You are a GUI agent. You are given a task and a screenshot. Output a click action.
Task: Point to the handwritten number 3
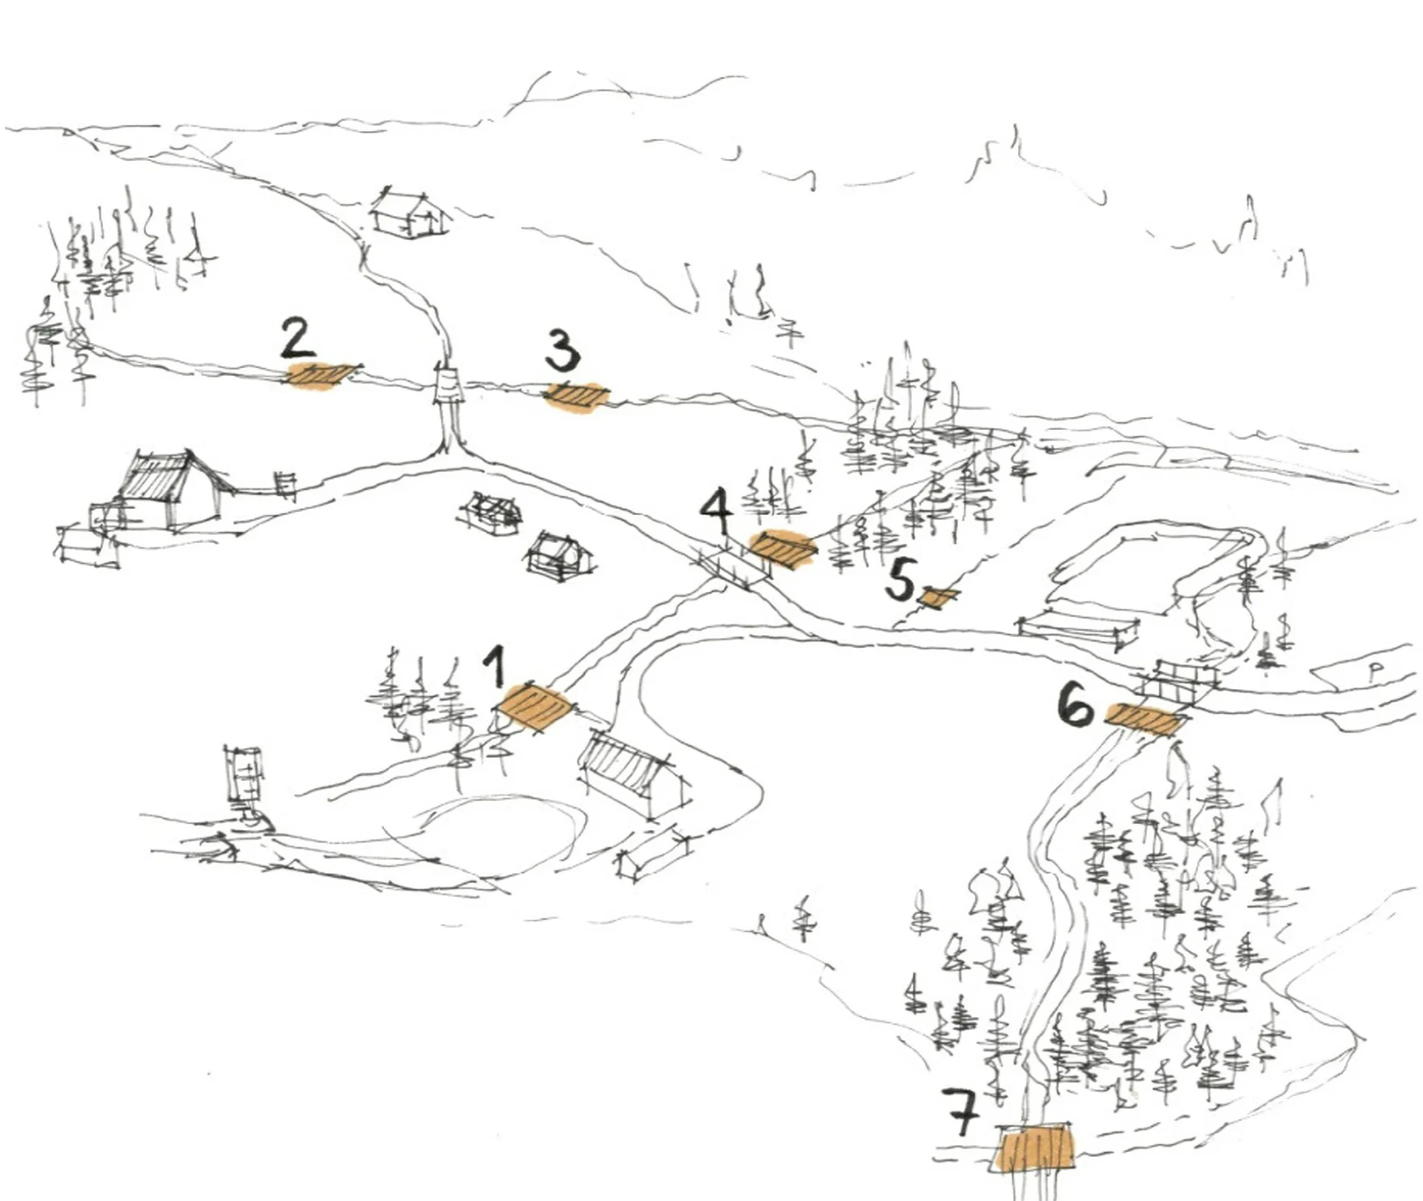(x=562, y=350)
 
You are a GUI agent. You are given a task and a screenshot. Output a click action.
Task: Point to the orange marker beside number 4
(x=782, y=549)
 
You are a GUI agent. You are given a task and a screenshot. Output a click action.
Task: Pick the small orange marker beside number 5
(x=938, y=597)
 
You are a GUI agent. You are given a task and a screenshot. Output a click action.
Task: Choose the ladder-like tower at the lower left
(x=246, y=785)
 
